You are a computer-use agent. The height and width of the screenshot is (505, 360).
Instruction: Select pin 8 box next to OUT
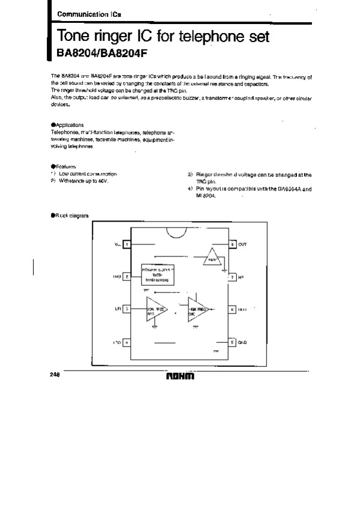pyautogui.click(x=232, y=244)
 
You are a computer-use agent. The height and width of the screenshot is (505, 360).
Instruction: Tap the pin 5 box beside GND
pyautogui.click(x=232, y=342)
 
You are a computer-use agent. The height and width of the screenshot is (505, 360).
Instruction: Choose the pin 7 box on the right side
pyautogui.click(x=232, y=277)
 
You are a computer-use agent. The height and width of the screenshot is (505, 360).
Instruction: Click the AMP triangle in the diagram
pyautogui.click(x=211, y=258)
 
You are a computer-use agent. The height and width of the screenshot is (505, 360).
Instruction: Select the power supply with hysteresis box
pyautogui.click(x=157, y=276)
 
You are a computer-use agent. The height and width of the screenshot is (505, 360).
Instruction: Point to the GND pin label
pyautogui.click(x=242, y=342)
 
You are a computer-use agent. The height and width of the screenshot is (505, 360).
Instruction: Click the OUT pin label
pyautogui.click(x=242, y=244)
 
